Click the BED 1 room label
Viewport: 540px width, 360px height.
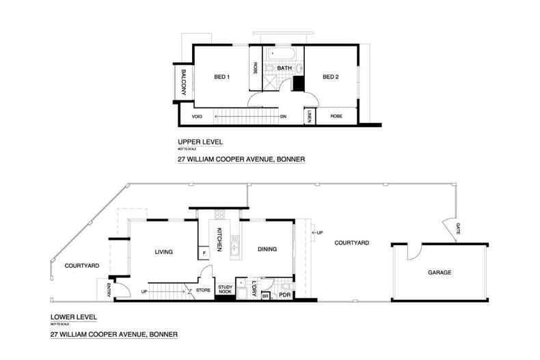click(221, 77)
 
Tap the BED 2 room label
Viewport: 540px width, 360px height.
click(331, 77)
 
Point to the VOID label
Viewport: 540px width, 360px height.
click(197, 117)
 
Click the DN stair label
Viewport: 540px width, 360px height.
click(284, 117)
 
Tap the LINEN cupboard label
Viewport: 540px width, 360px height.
click(310, 117)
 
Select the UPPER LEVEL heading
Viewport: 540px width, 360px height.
click(197, 143)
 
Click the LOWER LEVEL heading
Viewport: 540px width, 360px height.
click(74, 317)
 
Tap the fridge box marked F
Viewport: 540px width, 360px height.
click(204, 254)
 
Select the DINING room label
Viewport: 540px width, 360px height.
click(267, 249)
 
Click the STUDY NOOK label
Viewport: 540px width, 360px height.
click(225, 289)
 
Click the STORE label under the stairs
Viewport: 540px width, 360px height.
click(203, 290)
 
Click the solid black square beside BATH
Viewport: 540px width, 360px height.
click(298, 84)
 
